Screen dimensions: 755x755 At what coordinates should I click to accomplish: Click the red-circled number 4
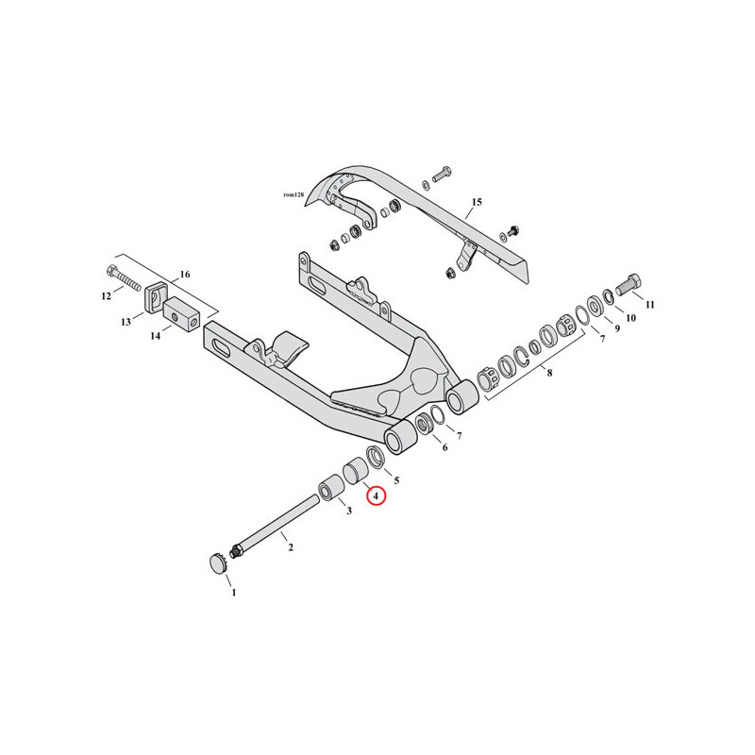376,495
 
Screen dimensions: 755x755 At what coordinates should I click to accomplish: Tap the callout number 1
234,593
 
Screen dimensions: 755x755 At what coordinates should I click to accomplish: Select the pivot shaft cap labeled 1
218,562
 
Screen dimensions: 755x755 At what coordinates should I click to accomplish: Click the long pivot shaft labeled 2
275,526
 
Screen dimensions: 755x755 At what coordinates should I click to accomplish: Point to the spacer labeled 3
329,488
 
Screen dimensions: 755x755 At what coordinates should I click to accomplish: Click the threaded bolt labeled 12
124,277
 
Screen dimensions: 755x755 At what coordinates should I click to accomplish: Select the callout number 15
477,202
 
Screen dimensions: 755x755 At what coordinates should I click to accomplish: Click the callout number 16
185,275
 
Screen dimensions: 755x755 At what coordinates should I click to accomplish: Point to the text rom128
294,195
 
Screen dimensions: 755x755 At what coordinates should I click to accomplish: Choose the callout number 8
549,373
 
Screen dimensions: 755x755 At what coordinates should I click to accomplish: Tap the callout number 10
630,318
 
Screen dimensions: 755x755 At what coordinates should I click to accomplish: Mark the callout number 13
126,322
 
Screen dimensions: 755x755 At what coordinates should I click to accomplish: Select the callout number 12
107,296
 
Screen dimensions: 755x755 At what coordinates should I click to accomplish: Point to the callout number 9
616,328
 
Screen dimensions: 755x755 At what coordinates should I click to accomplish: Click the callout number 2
291,547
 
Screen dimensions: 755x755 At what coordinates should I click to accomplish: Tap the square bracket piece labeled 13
153,298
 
